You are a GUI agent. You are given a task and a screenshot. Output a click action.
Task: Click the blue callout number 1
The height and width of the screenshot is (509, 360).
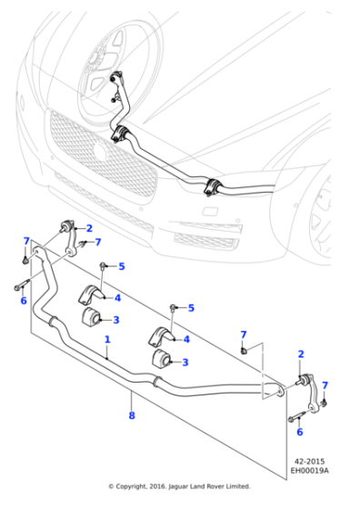(x=107, y=340)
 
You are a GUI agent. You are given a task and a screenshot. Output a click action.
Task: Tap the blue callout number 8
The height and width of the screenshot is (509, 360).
(x=132, y=415)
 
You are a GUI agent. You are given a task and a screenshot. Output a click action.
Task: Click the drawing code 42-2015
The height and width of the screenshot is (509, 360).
(x=309, y=462)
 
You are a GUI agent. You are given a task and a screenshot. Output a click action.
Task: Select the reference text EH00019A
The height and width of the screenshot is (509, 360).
(x=309, y=470)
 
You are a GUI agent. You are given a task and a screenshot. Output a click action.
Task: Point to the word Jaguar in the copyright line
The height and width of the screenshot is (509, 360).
(x=178, y=486)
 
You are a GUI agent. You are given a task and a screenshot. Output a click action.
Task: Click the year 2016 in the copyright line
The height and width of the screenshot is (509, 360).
(x=157, y=486)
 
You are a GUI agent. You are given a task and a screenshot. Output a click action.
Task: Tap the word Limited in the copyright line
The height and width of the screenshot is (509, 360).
(x=239, y=486)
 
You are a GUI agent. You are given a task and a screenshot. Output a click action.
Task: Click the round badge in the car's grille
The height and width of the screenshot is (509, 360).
(x=101, y=151)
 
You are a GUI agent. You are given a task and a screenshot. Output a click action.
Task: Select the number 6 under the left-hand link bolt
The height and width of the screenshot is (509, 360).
(x=24, y=301)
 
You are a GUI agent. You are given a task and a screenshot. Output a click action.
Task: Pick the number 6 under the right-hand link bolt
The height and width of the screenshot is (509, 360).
(x=300, y=432)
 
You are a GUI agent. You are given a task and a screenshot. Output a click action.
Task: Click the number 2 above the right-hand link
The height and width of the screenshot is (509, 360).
(x=301, y=354)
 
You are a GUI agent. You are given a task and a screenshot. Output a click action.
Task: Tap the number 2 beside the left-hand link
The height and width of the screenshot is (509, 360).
(x=89, y=228)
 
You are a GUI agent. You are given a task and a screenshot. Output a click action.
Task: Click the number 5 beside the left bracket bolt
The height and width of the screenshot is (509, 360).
(x=122, y=266)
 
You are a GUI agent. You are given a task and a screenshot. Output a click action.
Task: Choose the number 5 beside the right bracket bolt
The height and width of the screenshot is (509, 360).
(x=191, y=308)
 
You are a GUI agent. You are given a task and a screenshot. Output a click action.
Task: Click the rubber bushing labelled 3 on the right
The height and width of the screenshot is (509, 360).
(x=161, y=358)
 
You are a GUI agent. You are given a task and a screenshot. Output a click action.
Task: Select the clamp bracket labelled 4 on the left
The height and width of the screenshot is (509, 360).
(x=92, y=294)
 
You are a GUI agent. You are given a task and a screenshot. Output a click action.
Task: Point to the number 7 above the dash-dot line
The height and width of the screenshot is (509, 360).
(x=244, y=334)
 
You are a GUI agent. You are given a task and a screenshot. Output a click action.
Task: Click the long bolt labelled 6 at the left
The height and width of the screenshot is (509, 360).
(x=22, y=284)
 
